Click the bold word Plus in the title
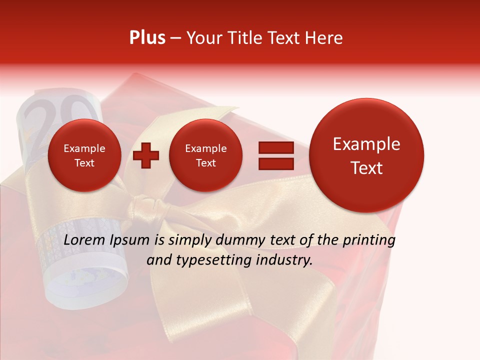pos(147,37)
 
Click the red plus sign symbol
pos(146,155)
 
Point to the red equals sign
pos(275,154)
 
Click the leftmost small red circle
pos(84,155)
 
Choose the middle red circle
pos(205,155)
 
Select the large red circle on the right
pos(366,155)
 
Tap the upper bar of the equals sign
pos(275,147)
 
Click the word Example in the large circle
pos(366,144)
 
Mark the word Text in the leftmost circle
pos(84,163)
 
